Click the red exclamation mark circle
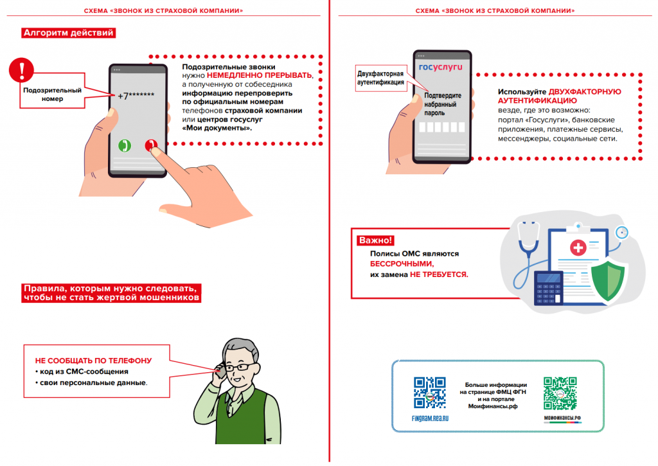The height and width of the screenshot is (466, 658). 23,68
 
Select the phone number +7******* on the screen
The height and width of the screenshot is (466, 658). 136,96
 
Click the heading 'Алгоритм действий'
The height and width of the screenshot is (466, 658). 69,33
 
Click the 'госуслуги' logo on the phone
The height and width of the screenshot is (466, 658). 436,66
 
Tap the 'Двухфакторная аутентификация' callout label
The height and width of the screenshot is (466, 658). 380,77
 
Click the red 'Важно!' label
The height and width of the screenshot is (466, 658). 375,240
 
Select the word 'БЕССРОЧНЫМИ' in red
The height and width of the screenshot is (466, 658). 402,264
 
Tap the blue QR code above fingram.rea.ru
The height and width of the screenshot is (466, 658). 429,392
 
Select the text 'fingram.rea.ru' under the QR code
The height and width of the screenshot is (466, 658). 429,418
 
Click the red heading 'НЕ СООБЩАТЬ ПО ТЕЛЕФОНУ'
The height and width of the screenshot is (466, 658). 93,361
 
